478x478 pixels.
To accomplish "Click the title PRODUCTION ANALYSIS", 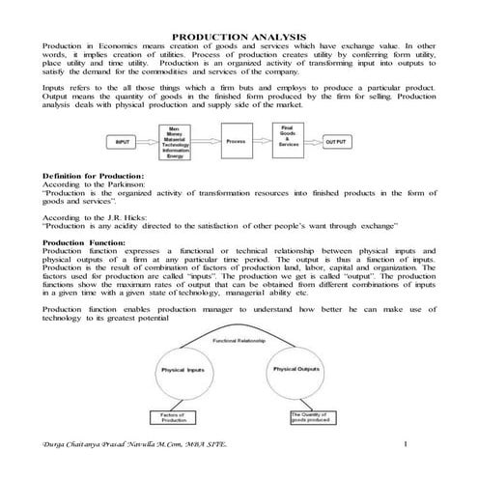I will coord(239,36).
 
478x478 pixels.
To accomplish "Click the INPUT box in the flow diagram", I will coord(123,142).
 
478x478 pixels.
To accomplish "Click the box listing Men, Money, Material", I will coord(176,142).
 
